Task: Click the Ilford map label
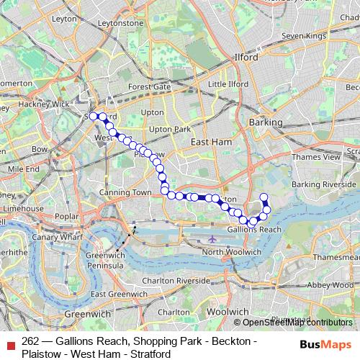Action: (x=245, y=56)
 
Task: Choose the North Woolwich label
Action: (x=232, y=252)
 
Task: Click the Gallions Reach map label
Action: (x=253, y=229)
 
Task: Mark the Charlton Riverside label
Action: (x=176, y=280)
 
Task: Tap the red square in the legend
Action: (x=10, y=344)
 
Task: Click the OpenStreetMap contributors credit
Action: (x=298, y=323)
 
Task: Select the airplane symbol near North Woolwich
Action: (x=211, y=238)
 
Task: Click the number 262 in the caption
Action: (x=31, y=340)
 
